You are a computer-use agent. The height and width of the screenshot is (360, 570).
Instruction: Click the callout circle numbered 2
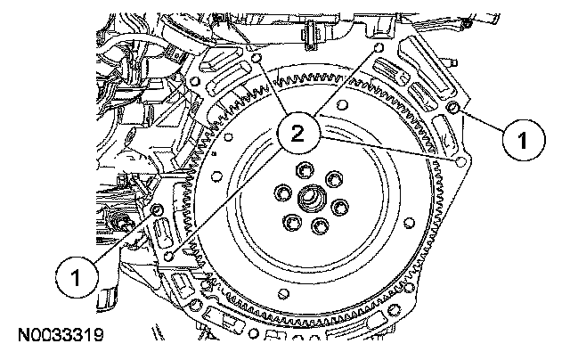tap(297, 135)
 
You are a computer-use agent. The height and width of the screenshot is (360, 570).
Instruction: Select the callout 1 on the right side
tap(524, 140)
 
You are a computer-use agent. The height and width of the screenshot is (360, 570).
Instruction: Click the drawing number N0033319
tap(60, 336)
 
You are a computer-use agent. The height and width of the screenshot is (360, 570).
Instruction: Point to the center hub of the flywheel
tap(313, 198)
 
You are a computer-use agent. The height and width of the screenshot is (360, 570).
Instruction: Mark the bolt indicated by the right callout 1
tap(454, 108)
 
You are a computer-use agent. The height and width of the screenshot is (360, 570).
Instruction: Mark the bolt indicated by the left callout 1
tap(157, 209)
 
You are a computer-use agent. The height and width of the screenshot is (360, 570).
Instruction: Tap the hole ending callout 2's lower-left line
tap(169, 256)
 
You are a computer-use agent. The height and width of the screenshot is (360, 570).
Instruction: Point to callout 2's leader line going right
tap(392, 151)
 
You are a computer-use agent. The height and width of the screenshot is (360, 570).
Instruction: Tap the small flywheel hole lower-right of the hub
tap(407, 224)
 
